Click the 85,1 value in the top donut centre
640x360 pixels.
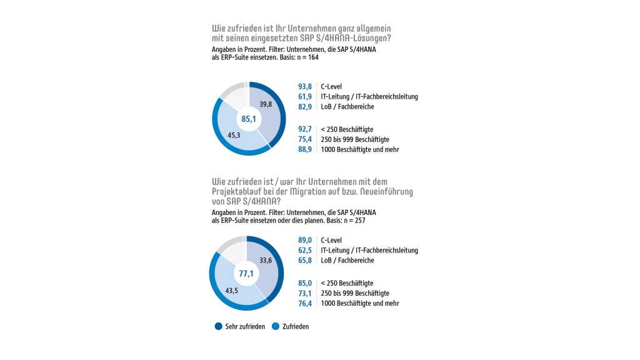249,119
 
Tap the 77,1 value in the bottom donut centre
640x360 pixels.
246,273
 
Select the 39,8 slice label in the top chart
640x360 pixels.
266,104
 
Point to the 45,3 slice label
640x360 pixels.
235,134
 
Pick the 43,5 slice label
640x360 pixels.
231,289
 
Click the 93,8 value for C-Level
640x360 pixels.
304,86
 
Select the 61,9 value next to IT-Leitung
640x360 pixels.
304,96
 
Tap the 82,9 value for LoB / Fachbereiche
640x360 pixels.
304,107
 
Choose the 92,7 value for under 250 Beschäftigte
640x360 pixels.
304,129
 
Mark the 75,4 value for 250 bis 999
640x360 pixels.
304,139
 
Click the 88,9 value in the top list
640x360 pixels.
304,149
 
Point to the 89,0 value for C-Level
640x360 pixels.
304,240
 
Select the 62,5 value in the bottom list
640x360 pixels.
304,250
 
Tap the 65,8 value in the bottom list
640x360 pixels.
304,260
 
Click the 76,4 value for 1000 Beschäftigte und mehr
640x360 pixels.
304,303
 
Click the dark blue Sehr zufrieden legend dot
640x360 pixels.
218,326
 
